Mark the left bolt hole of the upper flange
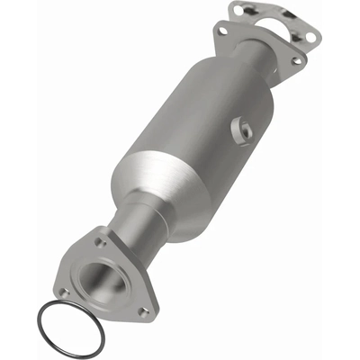(221, 31)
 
